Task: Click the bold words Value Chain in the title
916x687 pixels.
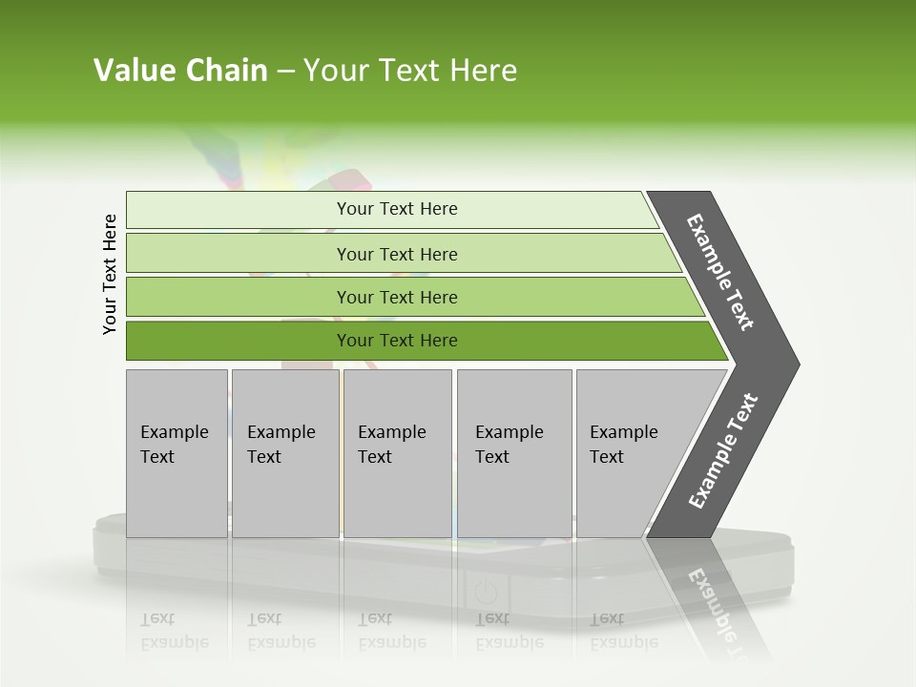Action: [x=180, y=71]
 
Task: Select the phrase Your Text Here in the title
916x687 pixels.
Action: [x=410, y=71]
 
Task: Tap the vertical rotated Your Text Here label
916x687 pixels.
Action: [x=110, y=274]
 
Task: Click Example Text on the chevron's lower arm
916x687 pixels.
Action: [x=723, y=451]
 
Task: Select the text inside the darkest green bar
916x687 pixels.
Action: [x=397, y=341]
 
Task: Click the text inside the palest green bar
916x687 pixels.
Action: [x=397, y=209]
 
